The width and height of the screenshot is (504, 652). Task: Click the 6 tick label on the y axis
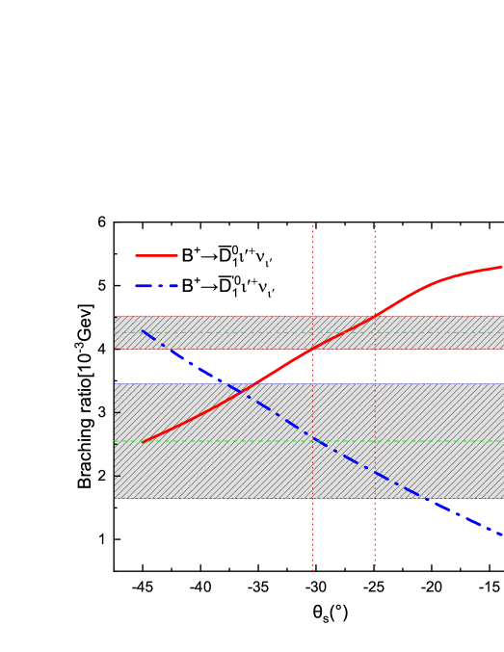tap(102, 222)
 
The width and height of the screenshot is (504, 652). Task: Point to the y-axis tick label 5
tap(102, 286)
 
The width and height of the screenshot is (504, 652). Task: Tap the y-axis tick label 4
tap(102, 349)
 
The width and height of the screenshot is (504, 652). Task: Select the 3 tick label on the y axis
tap(102, 412)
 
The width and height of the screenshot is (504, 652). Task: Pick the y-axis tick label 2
tap(102, 476)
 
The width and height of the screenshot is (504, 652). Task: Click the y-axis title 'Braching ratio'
tap(86, 395)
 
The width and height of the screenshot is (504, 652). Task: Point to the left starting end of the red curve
tap(143, 442)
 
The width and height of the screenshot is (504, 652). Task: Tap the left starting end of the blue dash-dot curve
tap(143, 331)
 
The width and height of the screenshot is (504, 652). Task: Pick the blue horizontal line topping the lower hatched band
tap(289, 383)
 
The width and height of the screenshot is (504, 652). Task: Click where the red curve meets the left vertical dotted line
tap(313, 349)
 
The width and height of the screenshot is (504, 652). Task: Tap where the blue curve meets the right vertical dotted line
tap(375, 474)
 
